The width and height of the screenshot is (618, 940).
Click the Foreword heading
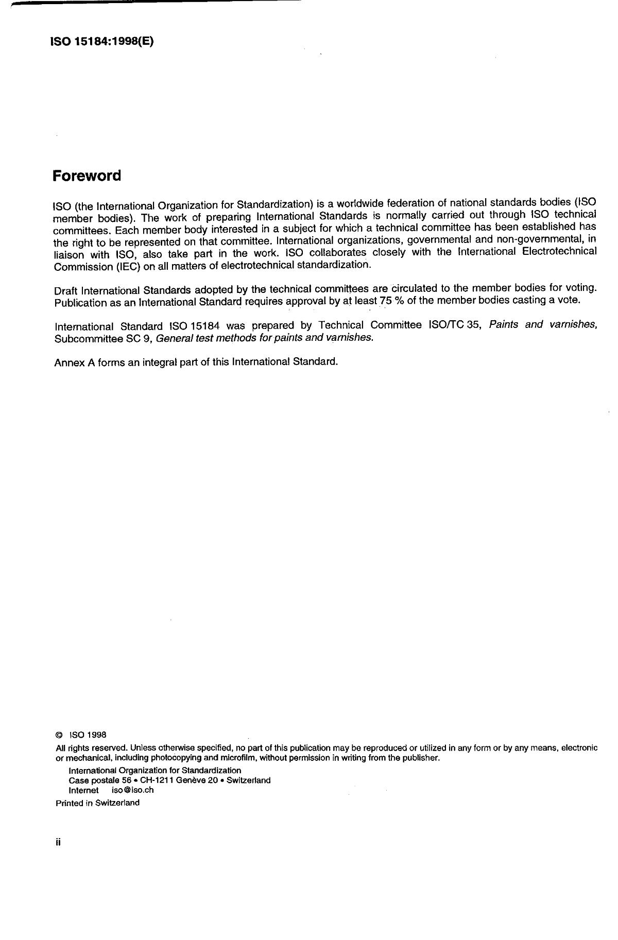click(x=87, y=176)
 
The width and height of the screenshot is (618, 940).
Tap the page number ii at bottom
click(x=58, y=843)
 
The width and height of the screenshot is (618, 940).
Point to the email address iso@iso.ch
click(x=132, y=790)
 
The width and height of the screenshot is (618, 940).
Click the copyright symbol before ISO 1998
click(x=59, y=735)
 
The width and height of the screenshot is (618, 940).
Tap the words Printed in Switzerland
click(x=97, y=803)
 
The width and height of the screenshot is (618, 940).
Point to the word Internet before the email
click(x=83, y=790)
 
